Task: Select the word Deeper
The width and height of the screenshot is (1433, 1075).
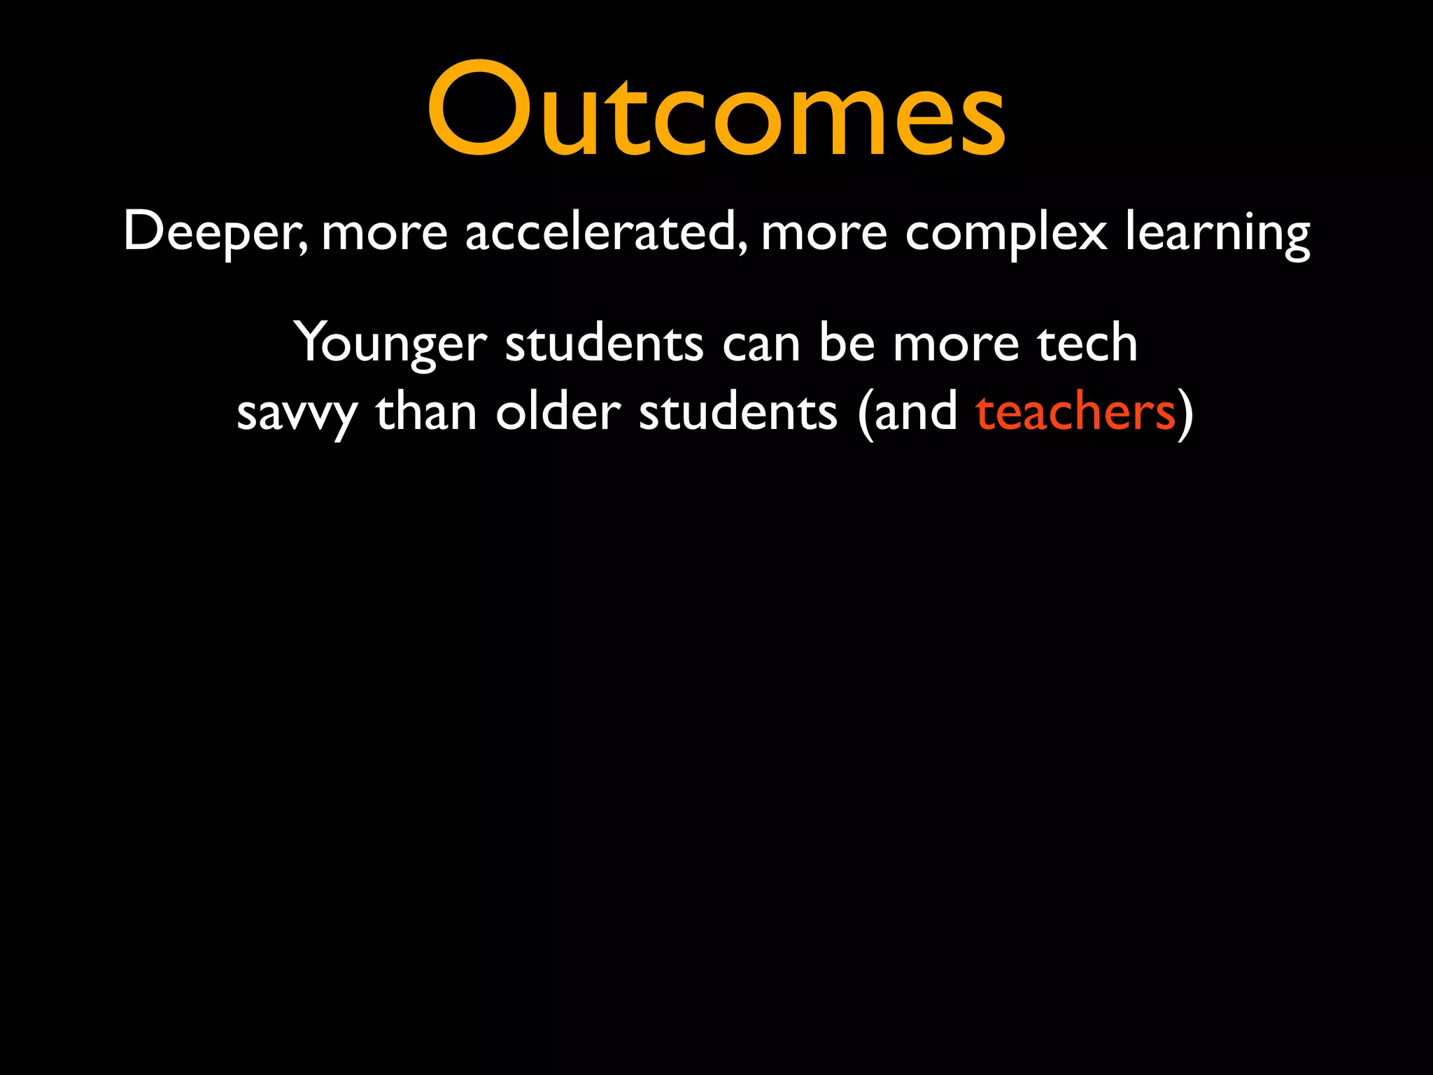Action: tap(213, 232)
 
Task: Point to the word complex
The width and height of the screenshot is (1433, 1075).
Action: tap(1006, 232)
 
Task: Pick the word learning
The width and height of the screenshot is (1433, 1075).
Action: tap(1217, 232)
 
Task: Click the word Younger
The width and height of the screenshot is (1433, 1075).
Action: tap(390, 343)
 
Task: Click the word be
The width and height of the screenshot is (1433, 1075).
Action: tap(847, 343)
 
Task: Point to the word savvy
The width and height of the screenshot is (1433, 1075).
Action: tap(297, 413)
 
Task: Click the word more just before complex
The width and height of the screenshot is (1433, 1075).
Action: tap(824, 232)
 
